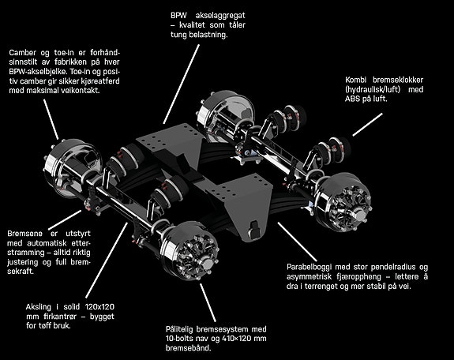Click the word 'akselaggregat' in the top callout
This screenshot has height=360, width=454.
(x=220, y=15)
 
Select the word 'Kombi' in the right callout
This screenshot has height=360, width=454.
(x=355, y=80)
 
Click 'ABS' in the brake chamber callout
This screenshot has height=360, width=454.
(x=352, y=99)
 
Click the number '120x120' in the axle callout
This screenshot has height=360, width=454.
(x=99, y=306)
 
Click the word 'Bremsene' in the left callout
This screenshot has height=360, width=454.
(x=25, y=234)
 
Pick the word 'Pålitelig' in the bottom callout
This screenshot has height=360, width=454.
(x=179, y=329)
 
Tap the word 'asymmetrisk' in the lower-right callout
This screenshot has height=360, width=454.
(x=309, y=277)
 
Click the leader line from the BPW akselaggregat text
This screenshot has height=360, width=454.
(x=182, y=84)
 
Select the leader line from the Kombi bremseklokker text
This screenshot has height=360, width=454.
(x=367, y=125)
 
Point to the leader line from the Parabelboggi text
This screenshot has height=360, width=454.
(x=297, y=242)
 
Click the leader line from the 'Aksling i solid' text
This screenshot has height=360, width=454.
(x=107, y=260)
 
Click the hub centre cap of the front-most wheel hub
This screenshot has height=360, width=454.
(x=207, y=264)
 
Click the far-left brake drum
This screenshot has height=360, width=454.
(x=72, y=168)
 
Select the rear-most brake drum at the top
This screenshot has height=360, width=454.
(x=225, y=114)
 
